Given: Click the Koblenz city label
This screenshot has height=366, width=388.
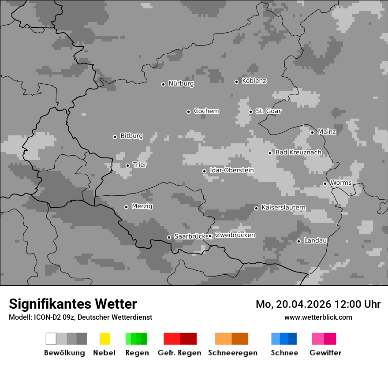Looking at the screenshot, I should coord(254,81).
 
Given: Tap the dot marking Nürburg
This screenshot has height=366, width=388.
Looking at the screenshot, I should coord(163,84).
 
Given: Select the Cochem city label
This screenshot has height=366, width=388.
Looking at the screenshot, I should coord(206,111).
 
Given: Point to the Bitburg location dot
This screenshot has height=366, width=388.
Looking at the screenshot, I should coord(115,137).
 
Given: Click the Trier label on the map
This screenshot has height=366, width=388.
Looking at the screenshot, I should coord(140,165).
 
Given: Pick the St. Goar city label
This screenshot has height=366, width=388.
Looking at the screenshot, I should coord(268,111).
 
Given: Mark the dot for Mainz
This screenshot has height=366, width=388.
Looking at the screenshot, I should coord(312,132).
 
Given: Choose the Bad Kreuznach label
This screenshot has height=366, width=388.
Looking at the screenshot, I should coord(298,153).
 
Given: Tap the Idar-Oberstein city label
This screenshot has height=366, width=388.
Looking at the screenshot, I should coord(231,171).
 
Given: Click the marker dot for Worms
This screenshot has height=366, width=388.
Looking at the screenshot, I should coord(325,183).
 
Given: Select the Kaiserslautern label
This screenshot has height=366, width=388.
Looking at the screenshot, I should coord(283,208).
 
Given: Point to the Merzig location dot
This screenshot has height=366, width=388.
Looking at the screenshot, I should coord(126,207).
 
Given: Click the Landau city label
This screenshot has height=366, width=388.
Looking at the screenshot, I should coord(315,241).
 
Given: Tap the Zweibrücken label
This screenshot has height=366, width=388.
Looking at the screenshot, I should coord(235,235).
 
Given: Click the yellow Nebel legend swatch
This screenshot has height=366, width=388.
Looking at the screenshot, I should coord(104,339).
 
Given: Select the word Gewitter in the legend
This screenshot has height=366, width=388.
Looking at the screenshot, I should coord(325,353).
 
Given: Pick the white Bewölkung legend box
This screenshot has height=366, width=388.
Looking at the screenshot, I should coord(51,339).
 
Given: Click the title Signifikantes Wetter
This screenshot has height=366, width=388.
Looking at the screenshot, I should coord(73,304).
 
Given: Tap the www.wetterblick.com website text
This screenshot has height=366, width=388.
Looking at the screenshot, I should coord(318,317).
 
